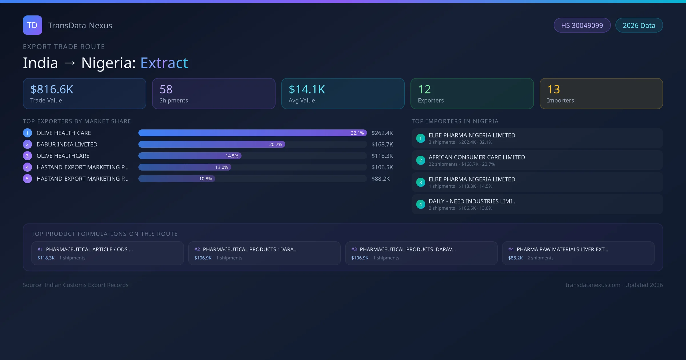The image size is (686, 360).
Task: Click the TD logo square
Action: coord(33,25)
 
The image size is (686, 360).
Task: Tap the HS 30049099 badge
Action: coord(582,25)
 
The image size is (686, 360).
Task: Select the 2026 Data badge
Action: coord(639,25)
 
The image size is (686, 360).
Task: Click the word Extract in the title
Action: coord(164,63)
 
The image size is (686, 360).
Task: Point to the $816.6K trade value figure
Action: coord(52,89)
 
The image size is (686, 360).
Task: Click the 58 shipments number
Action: coord(166,89)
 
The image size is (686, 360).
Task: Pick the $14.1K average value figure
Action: coord(307,89)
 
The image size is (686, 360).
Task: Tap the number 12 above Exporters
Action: coord(424,89)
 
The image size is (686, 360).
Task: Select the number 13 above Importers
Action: coord(554,89)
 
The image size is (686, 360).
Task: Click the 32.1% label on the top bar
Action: coord(357,133)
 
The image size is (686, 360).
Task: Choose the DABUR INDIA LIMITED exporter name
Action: coord(67,144)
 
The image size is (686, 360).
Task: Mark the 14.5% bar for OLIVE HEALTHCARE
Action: coord(190,156)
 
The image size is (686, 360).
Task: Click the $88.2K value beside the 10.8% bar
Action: coord(381,179)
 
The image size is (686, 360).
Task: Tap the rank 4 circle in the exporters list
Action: coord(27,167)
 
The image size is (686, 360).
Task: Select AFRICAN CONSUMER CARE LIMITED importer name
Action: coord(477,157)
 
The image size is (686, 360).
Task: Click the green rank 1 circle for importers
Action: coord(420,138)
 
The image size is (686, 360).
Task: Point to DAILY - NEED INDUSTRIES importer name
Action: coord(472,201)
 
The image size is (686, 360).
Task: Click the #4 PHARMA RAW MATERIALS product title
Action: coord(562,249)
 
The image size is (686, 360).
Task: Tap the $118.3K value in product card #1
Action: coord(46,258)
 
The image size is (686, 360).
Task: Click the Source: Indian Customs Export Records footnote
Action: coord(76,285)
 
